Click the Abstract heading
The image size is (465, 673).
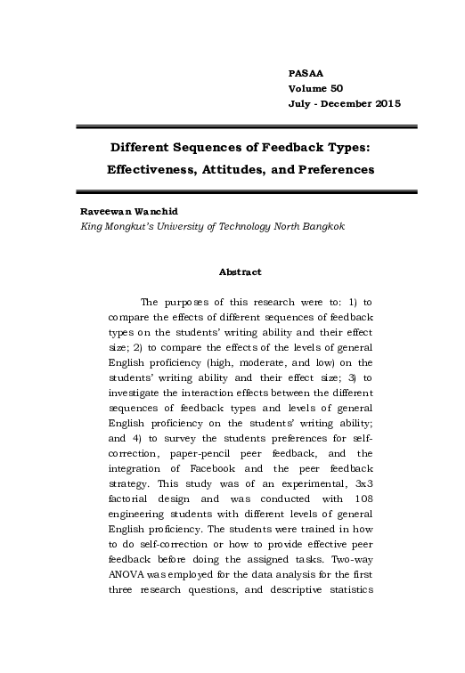point(239,272)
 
